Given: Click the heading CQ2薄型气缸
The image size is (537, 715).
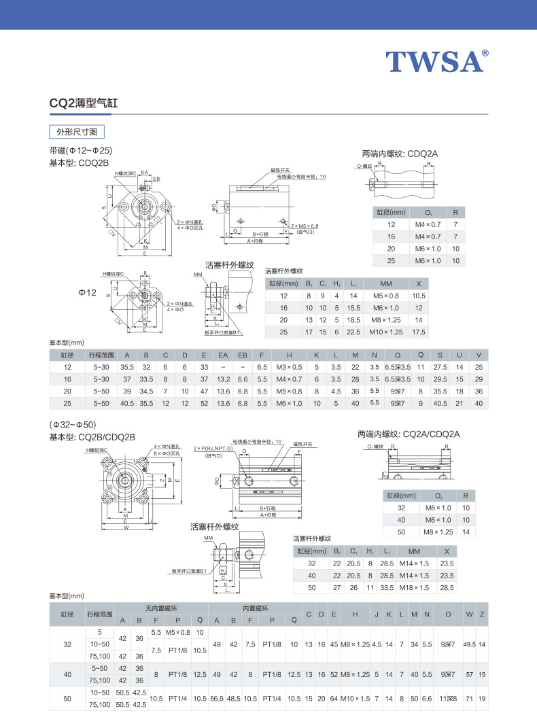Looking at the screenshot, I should coord(84,103).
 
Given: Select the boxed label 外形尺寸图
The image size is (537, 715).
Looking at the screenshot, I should coord(76,132).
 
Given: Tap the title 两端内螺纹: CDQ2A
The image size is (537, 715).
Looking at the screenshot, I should coord(400,154).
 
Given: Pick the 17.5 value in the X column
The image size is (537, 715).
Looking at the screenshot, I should coord(419,332).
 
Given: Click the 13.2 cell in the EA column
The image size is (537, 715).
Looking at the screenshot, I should coord(223,379).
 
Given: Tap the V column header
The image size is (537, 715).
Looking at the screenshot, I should coord(479,355).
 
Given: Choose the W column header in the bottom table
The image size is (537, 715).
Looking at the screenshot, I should coord(469,614).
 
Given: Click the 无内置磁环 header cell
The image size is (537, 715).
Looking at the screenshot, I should coord(160,607).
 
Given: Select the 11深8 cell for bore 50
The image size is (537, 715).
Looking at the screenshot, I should coord(448,698).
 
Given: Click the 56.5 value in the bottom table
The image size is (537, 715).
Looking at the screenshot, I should coord(217,698).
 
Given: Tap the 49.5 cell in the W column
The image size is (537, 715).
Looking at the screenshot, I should coord(469,644).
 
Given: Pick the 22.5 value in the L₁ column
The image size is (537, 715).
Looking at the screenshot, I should coord(353,332).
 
